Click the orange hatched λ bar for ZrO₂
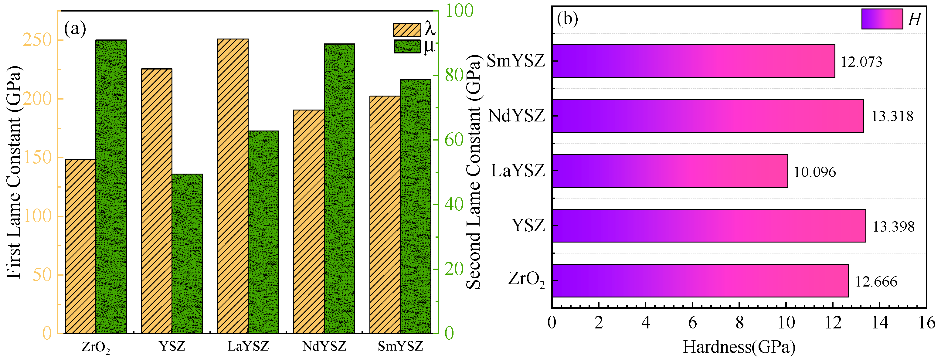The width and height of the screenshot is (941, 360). tap(80, 246)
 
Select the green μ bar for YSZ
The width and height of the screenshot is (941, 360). tap(187, 254)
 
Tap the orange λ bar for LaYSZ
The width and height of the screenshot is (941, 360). tap(233, 186)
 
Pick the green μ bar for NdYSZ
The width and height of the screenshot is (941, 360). tap(339, 188)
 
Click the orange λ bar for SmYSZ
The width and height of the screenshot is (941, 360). tap(385, 215)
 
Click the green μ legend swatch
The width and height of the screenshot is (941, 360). tap(407, 47)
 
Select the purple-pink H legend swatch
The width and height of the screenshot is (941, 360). tap(882, 19)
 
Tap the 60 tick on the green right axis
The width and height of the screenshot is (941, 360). tap(454, 140)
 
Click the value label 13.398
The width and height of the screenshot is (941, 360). tap(894, 227)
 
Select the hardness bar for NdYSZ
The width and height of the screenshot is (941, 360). tap(708, 116)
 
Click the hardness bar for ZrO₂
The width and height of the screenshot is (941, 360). tap(700, 280)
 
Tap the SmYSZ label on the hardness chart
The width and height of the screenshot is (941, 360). tap(516, 61)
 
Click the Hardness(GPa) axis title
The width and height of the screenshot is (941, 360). tap(739, 347)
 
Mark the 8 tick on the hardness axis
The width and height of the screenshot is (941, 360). tap(739, 323)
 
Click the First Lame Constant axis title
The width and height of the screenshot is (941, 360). tap(14, 172)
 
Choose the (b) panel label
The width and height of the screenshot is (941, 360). tap(567, 19)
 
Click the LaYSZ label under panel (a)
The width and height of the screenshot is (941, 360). tap(248, 346)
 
